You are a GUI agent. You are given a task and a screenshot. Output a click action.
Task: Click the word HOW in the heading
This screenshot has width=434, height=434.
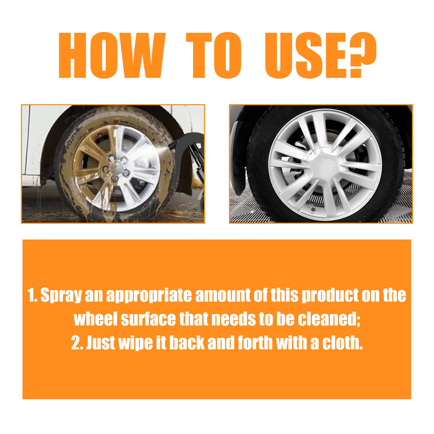click(x=111, y=55)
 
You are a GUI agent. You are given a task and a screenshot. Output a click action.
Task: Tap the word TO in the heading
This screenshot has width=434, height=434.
click(x=214, y=55)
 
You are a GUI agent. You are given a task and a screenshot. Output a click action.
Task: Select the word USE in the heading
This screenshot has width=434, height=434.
click(x=306, y=55)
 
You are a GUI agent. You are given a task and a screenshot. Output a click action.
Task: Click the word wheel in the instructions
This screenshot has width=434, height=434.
click(x=95, y=319)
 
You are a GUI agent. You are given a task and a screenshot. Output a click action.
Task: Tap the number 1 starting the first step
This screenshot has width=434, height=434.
click(x=31, y=296)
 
